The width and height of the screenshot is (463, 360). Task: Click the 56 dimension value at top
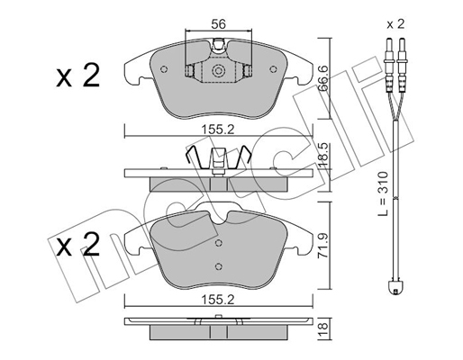pyautogui.click(x=218, y=24)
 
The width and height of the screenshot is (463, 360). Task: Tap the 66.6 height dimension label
pyautogui.click(x=323, y=78)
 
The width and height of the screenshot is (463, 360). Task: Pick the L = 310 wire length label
pyautogui.click(x=383, y=193)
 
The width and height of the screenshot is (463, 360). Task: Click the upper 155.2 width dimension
pyautogui.click(x=218, y=130)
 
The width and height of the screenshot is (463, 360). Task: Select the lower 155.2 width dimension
pyautogui.click(x=218, y=301)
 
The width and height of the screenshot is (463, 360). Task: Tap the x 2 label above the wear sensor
pyautogui.click(x=395, y=24)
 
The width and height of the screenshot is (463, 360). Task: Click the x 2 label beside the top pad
pyautogui.click(x=77, y=76)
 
